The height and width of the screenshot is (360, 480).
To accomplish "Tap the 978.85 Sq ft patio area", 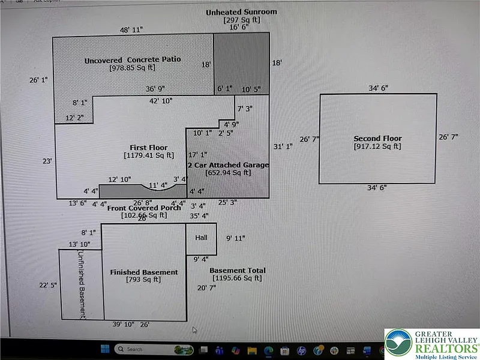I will tap(132, 68).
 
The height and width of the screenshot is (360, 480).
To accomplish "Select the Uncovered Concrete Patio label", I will tap(132, 59).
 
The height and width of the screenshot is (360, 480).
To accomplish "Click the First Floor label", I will tap(149, 148).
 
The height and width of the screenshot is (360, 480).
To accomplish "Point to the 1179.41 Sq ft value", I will tap(149, 155).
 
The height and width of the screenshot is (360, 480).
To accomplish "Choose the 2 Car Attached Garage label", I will tap(228, 165).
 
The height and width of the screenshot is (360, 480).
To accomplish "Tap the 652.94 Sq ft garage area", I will tap(228, 173).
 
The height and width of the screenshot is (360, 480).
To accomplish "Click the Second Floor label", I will tap(377, 139).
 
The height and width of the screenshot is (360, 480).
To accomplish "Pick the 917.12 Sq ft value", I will tap(377, 146).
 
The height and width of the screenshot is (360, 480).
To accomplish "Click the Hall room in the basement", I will tap(201, 238).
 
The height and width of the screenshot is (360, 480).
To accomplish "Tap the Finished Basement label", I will tap(144, 272).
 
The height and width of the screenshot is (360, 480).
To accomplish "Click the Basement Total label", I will tap(238, 271).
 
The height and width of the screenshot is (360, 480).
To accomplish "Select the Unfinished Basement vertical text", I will tap(82, 284).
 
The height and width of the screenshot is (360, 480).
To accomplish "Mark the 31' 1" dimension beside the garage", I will tap(283, 146).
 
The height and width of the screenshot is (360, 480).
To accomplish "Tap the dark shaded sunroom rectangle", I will tap(242, 63).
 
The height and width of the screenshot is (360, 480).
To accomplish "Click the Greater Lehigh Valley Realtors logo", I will tap(431, 344).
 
